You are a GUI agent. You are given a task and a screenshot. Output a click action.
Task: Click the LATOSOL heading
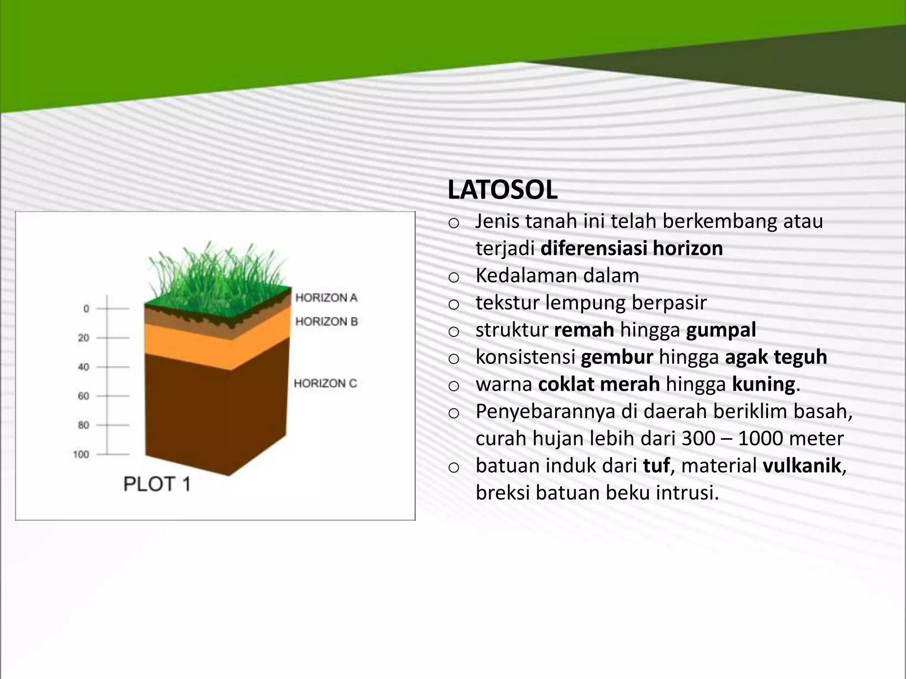502,190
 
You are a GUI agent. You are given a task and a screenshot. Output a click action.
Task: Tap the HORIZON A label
326,298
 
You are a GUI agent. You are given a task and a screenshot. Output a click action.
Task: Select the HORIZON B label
326,321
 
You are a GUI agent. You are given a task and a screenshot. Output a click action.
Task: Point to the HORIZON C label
325,383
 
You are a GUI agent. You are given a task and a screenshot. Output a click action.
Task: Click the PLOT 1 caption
157,484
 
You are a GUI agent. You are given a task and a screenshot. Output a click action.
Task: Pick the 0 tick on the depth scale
86,309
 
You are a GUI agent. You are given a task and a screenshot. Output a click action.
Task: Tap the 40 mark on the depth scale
84,367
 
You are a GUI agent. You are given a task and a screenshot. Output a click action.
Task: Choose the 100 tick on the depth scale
81,454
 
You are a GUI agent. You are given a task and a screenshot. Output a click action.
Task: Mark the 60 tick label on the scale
84,396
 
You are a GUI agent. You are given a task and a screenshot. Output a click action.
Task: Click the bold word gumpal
721,330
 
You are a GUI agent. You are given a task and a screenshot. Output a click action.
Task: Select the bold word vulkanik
802,465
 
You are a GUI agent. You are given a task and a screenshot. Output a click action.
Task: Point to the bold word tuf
656,465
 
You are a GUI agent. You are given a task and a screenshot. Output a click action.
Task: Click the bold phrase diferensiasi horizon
631,248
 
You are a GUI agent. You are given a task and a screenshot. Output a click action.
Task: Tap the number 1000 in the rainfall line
760,439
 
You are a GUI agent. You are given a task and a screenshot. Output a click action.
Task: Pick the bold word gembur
617,357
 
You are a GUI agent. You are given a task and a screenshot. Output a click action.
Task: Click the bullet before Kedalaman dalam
453,278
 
